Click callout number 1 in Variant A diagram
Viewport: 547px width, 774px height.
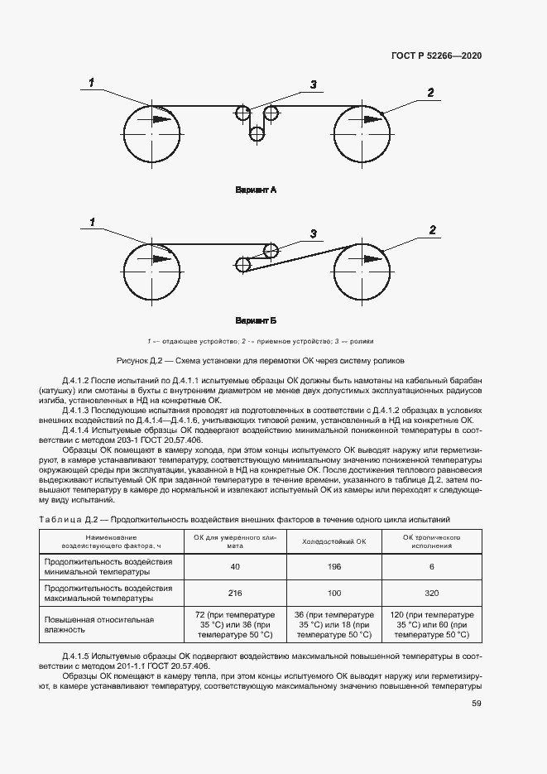click(x=92, y=81)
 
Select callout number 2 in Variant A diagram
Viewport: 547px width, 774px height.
click(x=430, y=93)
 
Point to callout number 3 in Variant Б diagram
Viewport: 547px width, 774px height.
click(x=314, y=233)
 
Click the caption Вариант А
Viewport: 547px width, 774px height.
click(x=256, y=190)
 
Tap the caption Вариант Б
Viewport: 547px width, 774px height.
click(x=256, y=319)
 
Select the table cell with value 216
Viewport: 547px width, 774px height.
click(x=235, y=594)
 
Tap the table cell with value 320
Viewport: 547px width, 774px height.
click(x=431, y=594)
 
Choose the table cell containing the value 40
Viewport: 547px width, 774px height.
click(x=235, y=566)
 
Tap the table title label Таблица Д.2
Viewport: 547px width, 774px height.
click(x=69, y=519)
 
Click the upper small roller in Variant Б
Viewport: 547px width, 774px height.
click(x=269, y=248)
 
